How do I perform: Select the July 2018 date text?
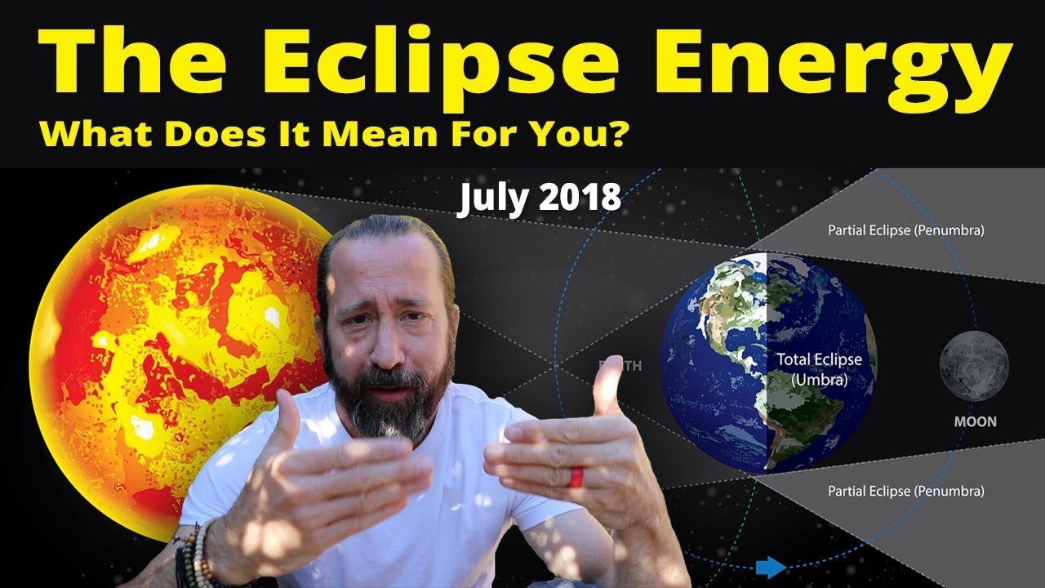click(x=538, y=199)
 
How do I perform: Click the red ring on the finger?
click(x=576, y=476)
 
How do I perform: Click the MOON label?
click(x=975, y=422)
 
